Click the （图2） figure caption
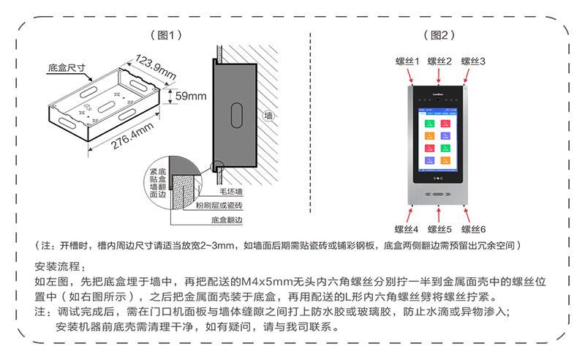(439, 34)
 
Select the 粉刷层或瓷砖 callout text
(219, 206)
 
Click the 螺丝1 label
(407, 61)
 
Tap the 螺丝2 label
(439, 61)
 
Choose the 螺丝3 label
(473, 61)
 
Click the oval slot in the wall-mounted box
(237, 115)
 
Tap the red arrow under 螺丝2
(439, 75)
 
